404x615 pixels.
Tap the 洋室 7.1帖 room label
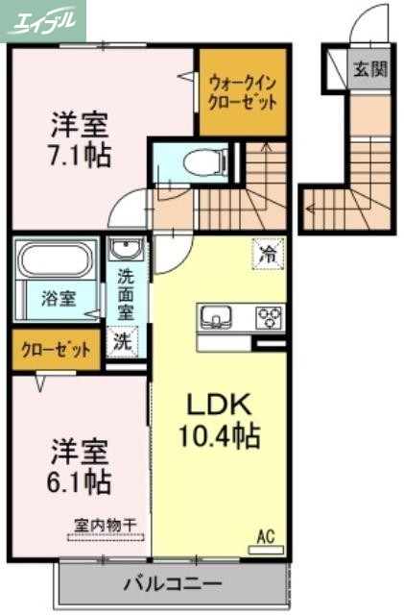[79, 138]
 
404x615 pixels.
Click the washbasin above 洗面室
[124, 251]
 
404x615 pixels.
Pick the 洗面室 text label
[126, 293]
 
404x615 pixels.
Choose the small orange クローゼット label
[54, 350]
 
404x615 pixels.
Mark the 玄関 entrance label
[368, 68]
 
